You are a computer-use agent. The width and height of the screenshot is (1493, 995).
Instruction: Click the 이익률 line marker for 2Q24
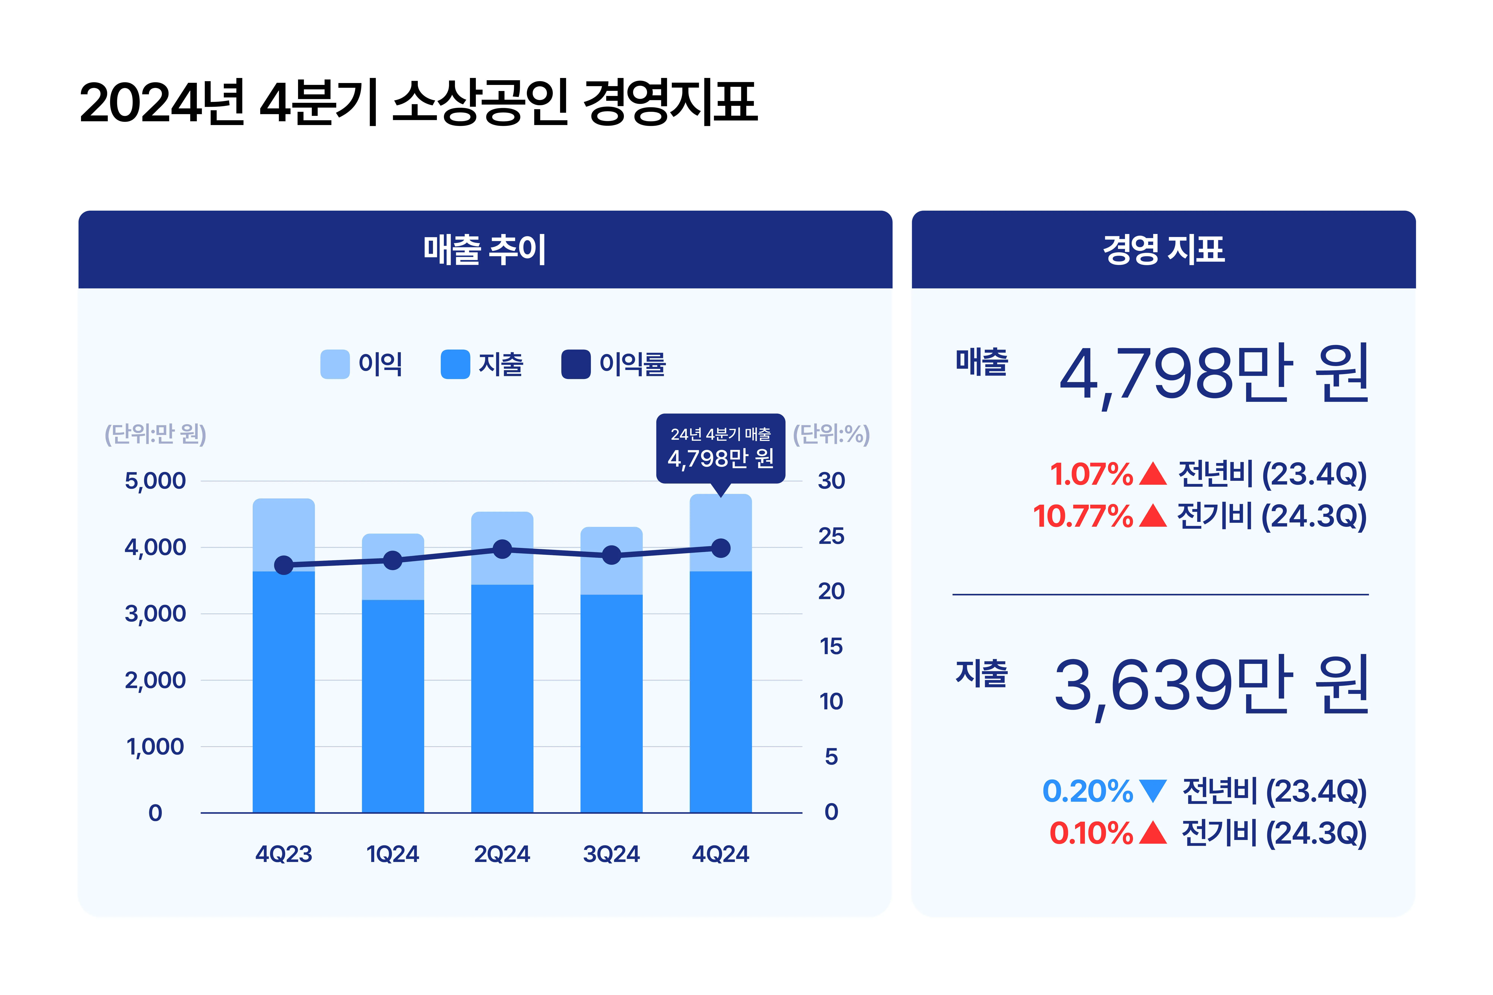click(502, 549)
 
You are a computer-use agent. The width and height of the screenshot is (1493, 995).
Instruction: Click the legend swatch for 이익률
click(576, 364)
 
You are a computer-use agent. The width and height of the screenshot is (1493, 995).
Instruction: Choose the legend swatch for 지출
click(455, 364)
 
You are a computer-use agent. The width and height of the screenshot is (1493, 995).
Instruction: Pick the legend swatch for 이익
click(335, 364)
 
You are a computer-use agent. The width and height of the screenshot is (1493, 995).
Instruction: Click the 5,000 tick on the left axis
click(155, 481)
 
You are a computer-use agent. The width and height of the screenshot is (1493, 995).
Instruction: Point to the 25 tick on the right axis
click(831, 536)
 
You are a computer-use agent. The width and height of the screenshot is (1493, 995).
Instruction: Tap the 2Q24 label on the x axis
click(502, 854)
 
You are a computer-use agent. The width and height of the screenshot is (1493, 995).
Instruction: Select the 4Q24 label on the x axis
click(721, 854)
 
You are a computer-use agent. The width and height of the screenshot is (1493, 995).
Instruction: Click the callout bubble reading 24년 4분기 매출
click(721, 448)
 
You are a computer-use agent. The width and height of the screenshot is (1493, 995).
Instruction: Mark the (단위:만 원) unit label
click(155, 435)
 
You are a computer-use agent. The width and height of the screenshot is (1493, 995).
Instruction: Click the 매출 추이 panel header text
click(485, 249)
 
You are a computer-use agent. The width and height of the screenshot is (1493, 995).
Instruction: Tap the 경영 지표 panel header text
click(1164, 249)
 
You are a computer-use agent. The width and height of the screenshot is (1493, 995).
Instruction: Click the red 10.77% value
click(1082, 516)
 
